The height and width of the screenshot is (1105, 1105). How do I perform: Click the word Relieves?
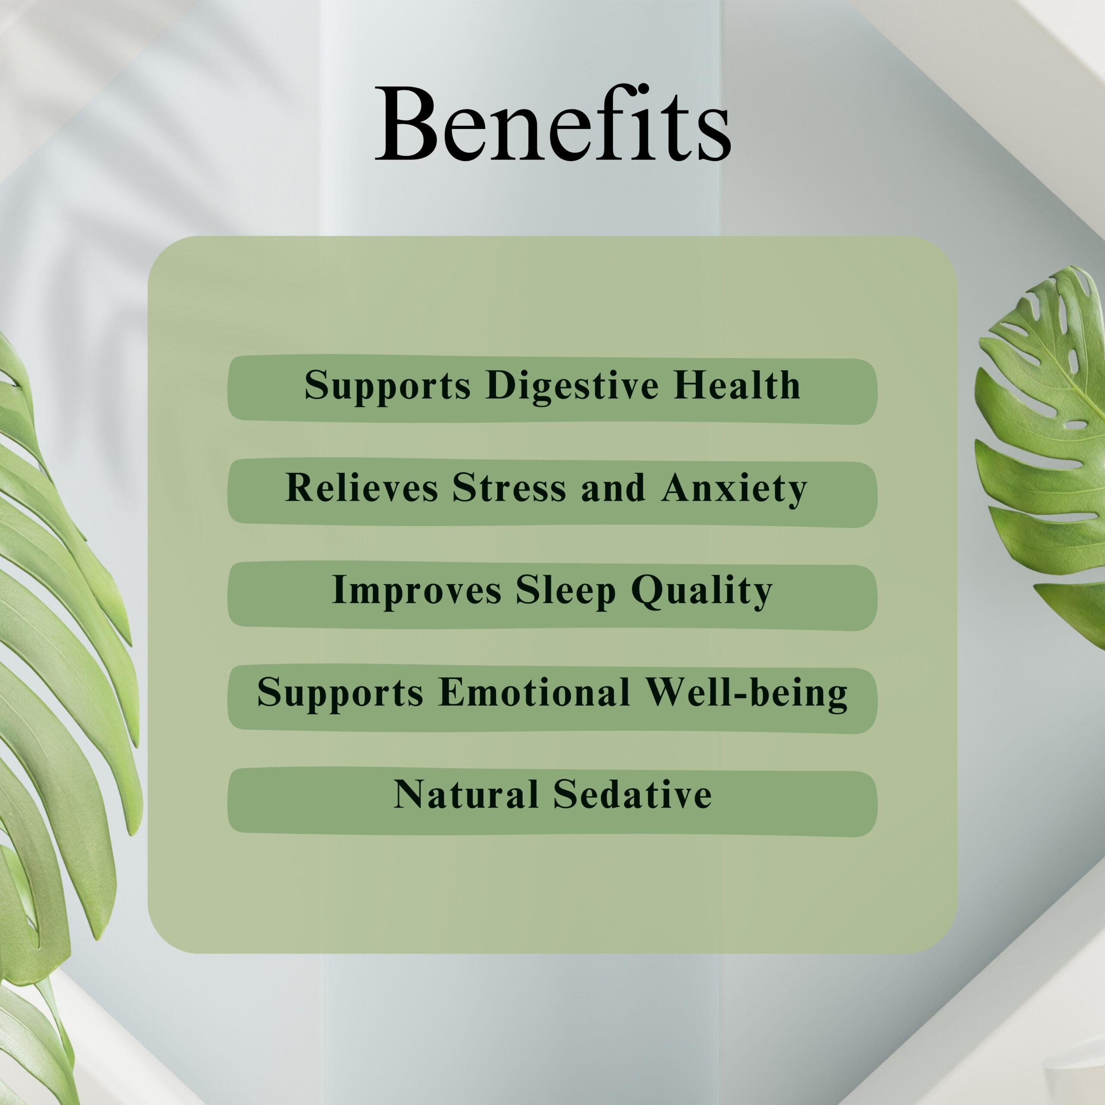click(x=361, y=487)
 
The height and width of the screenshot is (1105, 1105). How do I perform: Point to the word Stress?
click(x=509, y=487)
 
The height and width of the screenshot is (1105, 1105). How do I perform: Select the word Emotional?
click(x=535, y=692)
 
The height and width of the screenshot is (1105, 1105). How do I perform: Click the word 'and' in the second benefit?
click(x=613, y=488)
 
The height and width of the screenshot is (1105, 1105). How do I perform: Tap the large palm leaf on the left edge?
click(x=63, y=658)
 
